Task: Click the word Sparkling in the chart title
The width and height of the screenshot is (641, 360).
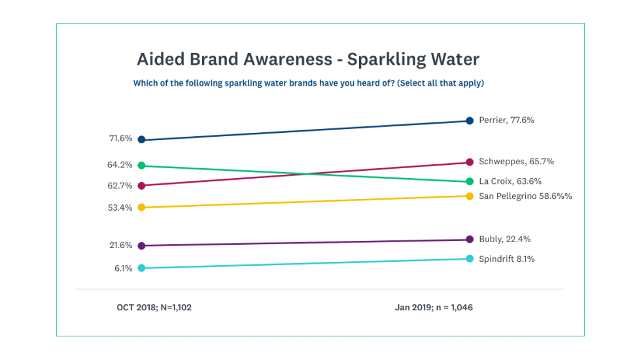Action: [385, 60]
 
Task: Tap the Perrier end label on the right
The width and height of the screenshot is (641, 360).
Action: [506, 120]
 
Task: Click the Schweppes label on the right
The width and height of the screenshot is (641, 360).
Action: [511, 161]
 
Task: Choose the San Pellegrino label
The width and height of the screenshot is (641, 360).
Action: [525, 196]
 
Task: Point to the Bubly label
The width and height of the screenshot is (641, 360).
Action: [504, 239]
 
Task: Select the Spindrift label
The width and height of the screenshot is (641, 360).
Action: [506, 259]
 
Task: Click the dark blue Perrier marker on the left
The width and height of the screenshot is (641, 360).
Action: [141, 139]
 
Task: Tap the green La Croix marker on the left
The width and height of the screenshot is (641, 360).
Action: [141, 166]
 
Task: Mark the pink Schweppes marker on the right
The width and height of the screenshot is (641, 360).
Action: [470, 162]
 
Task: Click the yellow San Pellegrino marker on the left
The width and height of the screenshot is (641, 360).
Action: [141, 207]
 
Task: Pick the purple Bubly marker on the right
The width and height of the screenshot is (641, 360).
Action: [470, 240]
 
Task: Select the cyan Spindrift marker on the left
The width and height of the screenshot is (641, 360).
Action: [141, 268]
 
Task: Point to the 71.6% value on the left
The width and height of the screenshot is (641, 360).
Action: [121, 139]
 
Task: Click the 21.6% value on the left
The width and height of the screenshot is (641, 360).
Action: [121, 245]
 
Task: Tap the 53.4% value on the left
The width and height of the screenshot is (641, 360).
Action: [121, 207]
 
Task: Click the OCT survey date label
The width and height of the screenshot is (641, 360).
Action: [154, 307]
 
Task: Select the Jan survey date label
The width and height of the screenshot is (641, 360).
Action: [434, 307]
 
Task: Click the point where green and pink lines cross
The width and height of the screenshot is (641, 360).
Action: [303, 173]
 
